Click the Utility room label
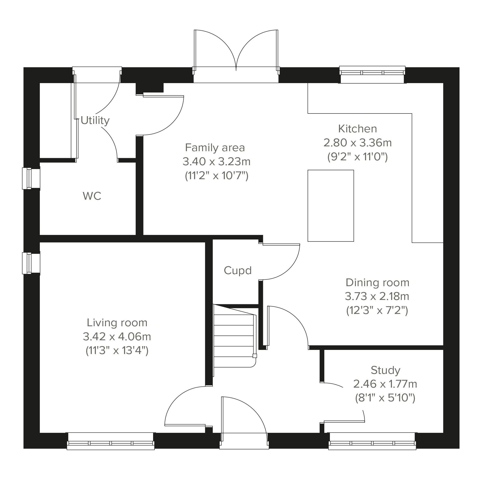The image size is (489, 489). pos(95,121)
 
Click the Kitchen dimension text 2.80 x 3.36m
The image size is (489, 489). pos(358,143)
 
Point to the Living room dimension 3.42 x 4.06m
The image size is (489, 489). pos(117,337)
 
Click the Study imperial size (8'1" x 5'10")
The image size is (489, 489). pos(385,398)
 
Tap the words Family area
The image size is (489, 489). pos(215,148)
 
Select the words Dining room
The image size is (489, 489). pos(377,283)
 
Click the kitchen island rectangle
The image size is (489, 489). pos(331,206)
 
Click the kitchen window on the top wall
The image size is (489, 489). pos(372,74)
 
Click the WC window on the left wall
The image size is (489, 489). pos(31,178)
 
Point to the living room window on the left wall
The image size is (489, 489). pos(31,263)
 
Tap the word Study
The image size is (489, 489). pos(385,370)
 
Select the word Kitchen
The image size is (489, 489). pos(357,129)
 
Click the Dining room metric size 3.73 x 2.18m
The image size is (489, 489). pos(377,296)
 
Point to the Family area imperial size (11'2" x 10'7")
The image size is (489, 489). pos(217,176)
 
